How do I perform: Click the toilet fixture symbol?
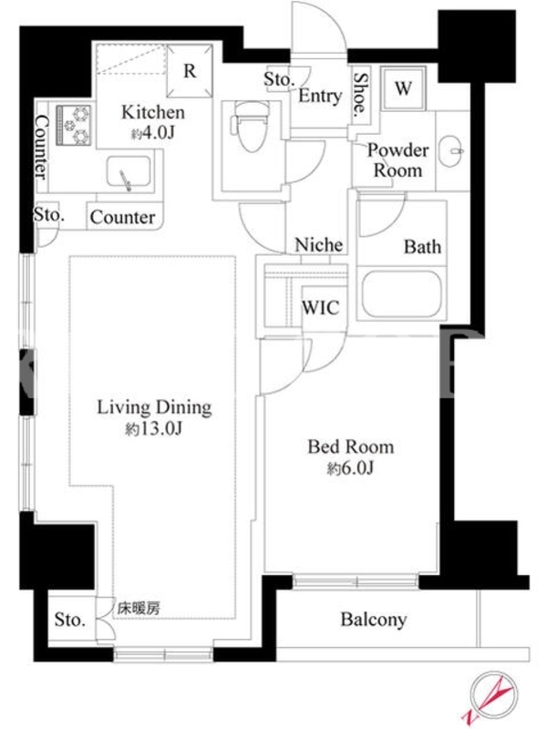click(x=252, y=126)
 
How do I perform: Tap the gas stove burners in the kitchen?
click(x=74, y=125)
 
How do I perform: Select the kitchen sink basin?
click(x=129, y=172)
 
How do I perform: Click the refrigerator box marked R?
click(x=190, y=71)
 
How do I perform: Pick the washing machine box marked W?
click(x=403, y=88)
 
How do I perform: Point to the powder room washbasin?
click(x=451, y=150)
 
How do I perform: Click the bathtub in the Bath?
click(x=401, y=294)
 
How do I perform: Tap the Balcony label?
click(x=374, y=620)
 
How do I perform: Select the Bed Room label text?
click(x=351, y=447)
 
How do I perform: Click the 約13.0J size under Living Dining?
click(x=153, y=428)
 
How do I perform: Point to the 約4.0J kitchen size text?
click(x=152, y=134)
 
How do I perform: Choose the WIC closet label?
click(x=321, y=308)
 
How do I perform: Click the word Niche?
click(x=319, y=244)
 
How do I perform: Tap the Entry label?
click(x=320, y=96)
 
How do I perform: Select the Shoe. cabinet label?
click(x=360, y=95)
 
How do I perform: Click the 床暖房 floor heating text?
click(x=139, y=608)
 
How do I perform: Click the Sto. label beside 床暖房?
click(x=70, y=620)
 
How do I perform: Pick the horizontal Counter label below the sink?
click(x=123, y=217)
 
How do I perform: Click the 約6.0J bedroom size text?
click(x=350, y=468)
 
